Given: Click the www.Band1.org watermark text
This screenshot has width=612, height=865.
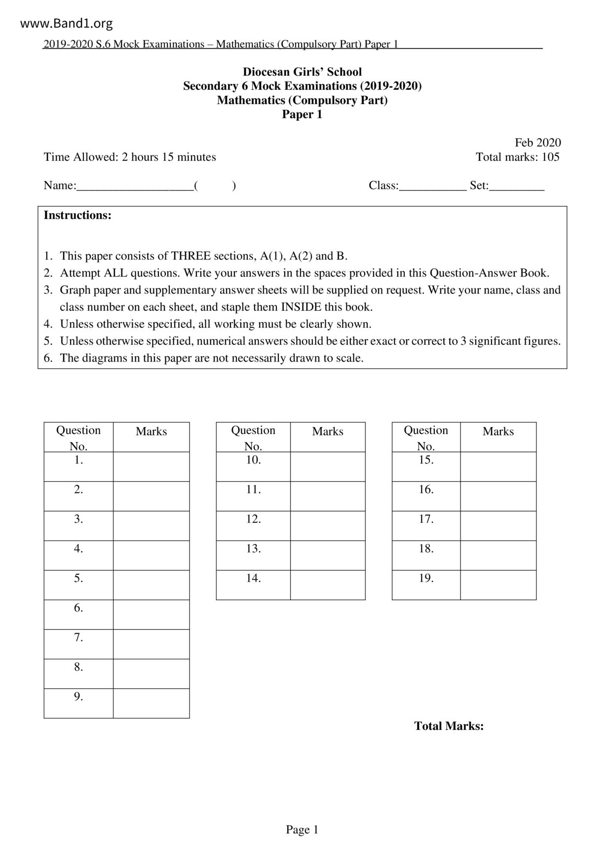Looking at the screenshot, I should [67, 23].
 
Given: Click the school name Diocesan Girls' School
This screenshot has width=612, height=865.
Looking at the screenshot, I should [302, 72].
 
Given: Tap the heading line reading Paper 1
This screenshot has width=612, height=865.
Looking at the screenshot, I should [302, 114].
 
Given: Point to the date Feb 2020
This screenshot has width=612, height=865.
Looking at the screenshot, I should [537, 143].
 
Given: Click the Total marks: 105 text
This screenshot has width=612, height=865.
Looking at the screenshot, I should [517, 157].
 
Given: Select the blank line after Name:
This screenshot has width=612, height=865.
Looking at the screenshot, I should [135, 186].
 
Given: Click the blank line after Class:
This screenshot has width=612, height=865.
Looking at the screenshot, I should [432, 186].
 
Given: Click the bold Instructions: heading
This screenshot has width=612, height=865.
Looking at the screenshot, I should [77, 215].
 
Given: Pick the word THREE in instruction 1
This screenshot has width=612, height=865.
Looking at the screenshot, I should [191, 256].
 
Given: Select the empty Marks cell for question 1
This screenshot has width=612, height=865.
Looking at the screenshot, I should [151, 467].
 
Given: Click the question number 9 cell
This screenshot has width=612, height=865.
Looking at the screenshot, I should [78, 703].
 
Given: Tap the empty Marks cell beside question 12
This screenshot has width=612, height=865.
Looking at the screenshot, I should [328, 526].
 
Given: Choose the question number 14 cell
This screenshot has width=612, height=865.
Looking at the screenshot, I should [253, 585].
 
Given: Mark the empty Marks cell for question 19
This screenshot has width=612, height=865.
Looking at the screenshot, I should [498, 585].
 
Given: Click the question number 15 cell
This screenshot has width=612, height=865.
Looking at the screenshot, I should [426, 467].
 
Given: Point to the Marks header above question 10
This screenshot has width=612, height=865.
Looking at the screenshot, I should [328, 432].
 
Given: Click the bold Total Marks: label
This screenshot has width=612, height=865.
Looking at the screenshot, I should [449, 726].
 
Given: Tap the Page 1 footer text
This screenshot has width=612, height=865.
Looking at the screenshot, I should [302, 829].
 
